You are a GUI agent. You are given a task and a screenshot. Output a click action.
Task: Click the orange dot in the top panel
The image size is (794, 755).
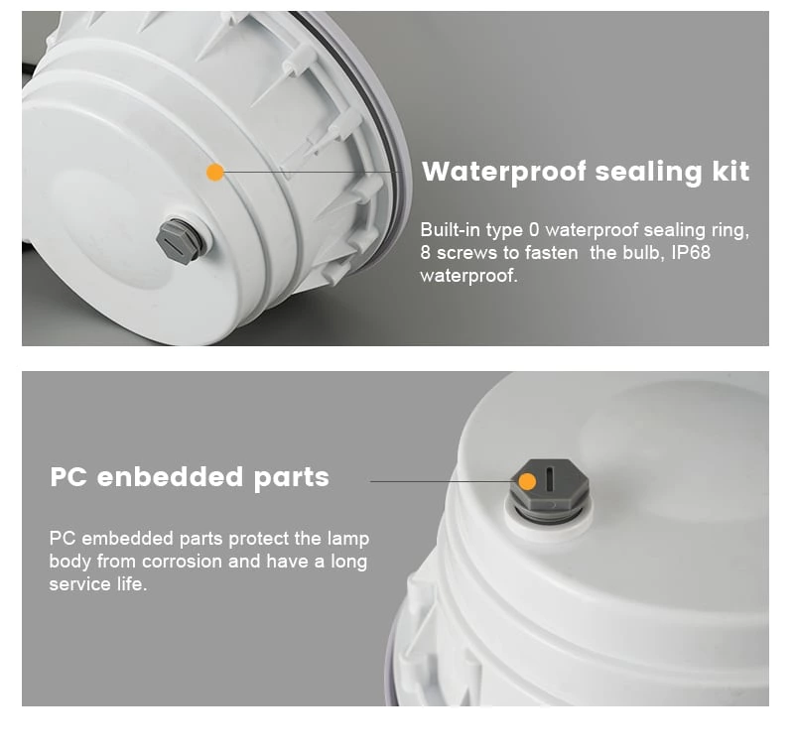click(215, 172)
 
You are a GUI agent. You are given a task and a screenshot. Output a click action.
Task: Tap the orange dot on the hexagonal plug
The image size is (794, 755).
click(528, 481)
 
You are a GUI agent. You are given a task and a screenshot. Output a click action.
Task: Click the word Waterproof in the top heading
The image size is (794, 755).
click(504, 172)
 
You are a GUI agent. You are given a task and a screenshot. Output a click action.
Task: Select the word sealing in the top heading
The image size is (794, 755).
click(649, 172)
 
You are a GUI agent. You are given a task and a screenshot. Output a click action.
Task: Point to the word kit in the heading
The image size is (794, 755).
click(730, 171)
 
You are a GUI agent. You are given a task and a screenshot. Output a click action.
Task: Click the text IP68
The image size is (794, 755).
click(691, 252)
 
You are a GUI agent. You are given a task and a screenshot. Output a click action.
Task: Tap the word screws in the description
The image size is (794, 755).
click(460, 253)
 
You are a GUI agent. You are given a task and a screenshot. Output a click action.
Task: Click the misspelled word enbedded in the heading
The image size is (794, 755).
click(170, 476)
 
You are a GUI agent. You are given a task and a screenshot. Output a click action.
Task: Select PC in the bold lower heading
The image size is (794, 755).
click(68, 476)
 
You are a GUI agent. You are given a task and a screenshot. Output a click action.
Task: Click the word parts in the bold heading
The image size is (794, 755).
click(291, 478)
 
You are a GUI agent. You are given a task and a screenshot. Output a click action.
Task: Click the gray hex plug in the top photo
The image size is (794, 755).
click(181, 241)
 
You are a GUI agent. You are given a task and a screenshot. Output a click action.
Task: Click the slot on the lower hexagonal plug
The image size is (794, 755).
click(550, 477)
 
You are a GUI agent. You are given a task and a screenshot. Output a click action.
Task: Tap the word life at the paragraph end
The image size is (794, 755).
click(132, 584)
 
